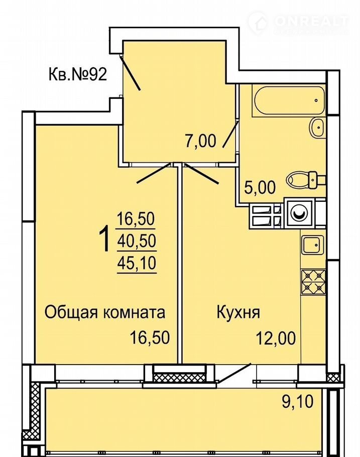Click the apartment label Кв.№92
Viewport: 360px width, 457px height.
78,75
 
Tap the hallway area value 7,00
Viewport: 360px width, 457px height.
200,141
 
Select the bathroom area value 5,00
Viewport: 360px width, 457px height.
260,187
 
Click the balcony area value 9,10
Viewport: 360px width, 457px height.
298,402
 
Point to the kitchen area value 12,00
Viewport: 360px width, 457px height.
276,338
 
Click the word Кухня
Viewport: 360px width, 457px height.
238,313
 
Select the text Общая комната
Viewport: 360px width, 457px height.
105,312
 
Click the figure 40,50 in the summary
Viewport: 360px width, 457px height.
137,241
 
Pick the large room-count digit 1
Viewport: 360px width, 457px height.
104,240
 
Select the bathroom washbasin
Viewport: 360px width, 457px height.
317,128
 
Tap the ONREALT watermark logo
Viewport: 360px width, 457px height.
299,23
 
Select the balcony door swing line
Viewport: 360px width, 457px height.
235,373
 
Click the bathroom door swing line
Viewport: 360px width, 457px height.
230,135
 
